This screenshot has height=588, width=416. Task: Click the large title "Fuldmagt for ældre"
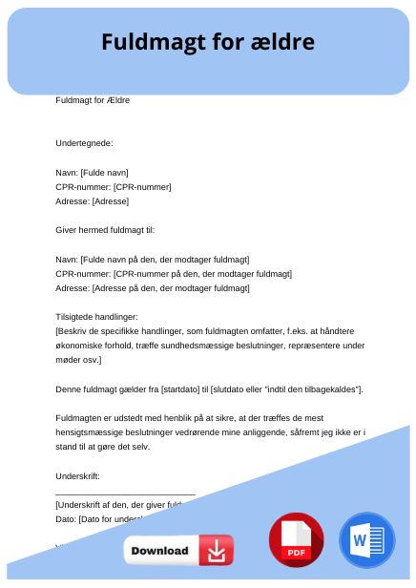[207, 43]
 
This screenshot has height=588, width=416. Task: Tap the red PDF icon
[297, 540]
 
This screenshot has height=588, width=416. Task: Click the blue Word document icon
[366, 540]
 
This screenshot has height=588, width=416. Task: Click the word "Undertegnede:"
[85, 143]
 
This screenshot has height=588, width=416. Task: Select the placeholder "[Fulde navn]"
[111, 173]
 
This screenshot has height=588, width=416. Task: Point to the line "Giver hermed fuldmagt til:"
[105, 230]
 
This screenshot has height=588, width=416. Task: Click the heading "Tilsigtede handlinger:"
[97, 317]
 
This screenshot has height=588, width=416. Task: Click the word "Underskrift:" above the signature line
[78, 475]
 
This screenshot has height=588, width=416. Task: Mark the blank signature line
[125, 493]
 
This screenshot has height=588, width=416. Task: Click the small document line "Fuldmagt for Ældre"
[94, 100]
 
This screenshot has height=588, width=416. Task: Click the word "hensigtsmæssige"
[90, 432]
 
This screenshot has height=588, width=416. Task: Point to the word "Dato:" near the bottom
[67, 518]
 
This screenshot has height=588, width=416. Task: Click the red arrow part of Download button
[216, 551]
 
